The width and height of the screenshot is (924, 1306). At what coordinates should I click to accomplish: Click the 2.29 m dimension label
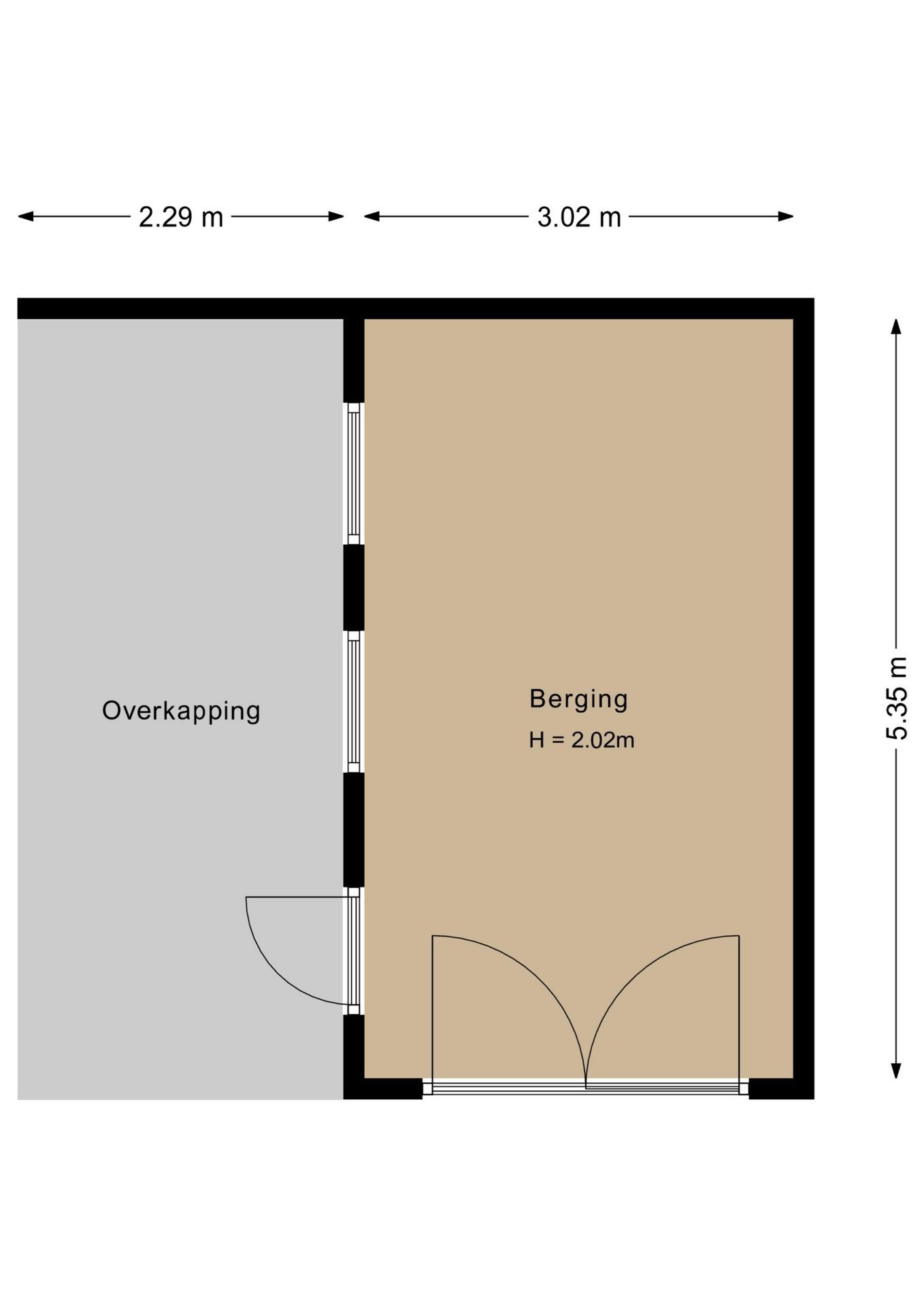click(181, 218)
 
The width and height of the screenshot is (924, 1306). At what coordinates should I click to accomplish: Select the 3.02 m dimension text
click(579, 218)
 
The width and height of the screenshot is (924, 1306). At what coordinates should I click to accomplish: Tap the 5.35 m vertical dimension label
click(897, 698)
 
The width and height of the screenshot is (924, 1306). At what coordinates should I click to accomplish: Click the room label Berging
click(579, 699)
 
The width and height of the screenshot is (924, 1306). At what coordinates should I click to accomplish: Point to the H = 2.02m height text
click(582, 740)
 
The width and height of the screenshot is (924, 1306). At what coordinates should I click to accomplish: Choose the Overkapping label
click(181, 711)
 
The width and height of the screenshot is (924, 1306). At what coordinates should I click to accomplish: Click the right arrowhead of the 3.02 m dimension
click(786, 217)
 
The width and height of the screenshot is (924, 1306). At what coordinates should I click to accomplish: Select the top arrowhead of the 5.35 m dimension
click(897, 327)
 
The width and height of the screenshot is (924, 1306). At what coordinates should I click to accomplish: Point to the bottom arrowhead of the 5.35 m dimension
click(897, 1071)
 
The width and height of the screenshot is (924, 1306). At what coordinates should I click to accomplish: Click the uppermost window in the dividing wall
click(354, 473)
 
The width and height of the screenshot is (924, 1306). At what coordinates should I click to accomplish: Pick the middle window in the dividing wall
click(354, 701)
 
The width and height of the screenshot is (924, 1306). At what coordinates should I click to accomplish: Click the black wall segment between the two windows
click(354, 588)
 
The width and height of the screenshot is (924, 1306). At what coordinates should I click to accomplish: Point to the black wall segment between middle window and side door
click(354, 830)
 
